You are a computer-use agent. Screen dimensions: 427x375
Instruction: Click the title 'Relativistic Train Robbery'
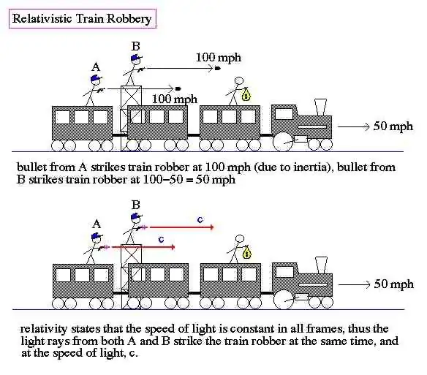click(82, 19)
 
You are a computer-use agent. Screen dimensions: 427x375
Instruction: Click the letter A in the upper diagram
click(96, 67)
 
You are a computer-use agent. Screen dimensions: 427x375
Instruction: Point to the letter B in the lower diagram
click(135, 205)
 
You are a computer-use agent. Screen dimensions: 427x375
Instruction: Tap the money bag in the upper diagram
click(246, 94)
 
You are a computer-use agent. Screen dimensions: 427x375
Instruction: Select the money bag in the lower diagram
click(246, 252)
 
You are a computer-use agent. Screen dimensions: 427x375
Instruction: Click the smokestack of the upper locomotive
click(320, 107)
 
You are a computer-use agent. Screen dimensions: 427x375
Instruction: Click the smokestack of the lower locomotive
click(321, 265)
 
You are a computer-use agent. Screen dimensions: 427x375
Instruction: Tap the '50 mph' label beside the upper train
click(393, 126)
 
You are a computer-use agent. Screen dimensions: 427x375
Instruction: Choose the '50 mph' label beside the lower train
click(394, 284)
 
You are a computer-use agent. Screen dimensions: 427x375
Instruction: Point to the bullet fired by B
click(218, 69)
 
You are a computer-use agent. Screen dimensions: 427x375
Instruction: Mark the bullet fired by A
click(178, 88)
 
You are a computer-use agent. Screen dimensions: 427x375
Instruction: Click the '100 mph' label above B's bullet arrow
click(219, 58)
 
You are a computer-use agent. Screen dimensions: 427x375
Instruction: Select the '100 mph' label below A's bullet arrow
click(175, 99)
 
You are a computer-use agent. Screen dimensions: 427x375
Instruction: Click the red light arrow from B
click(181, 227)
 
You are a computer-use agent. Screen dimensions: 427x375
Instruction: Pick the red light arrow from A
click(143, 247)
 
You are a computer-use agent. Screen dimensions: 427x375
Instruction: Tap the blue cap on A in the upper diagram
click(96, 78)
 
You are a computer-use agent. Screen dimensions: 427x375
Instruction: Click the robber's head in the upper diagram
click(239, 81)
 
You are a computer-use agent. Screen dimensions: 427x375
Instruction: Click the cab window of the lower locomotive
click(284, 271)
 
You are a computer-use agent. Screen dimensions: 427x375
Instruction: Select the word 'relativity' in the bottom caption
click(44, 329)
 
